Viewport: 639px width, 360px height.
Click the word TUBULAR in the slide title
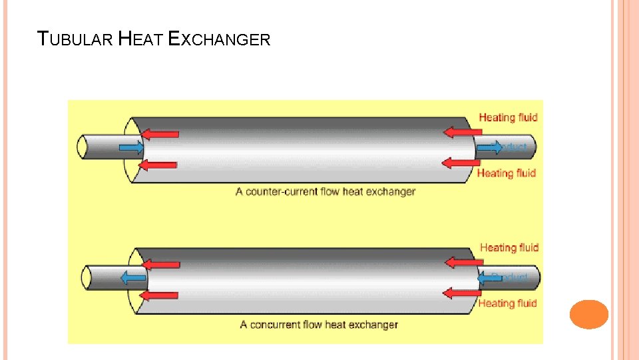pos(75,39)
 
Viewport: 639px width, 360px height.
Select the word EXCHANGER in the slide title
pos(220,39)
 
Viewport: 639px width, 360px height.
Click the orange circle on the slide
pos(589,314)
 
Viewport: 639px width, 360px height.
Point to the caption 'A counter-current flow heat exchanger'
pos(325,192)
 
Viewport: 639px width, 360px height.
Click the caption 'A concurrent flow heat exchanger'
pos(319,325)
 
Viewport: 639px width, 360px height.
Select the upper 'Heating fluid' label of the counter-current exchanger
pos(508,118)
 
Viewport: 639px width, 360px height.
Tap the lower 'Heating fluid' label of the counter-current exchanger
pos(507,173)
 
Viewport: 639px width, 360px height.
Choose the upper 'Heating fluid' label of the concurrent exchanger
pos(509,248)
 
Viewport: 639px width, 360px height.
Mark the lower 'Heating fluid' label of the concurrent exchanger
pos(507,303)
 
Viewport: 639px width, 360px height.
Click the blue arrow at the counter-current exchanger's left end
pos(131,147)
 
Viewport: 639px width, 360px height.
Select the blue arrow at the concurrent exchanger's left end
pos(134,277)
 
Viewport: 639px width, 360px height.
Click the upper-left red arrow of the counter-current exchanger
pos(160,134)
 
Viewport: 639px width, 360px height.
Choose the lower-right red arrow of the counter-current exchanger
pos(461,162)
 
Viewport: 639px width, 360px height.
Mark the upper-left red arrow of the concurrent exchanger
pos(161,265)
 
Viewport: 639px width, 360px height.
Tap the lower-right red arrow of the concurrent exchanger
pos(462,293)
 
